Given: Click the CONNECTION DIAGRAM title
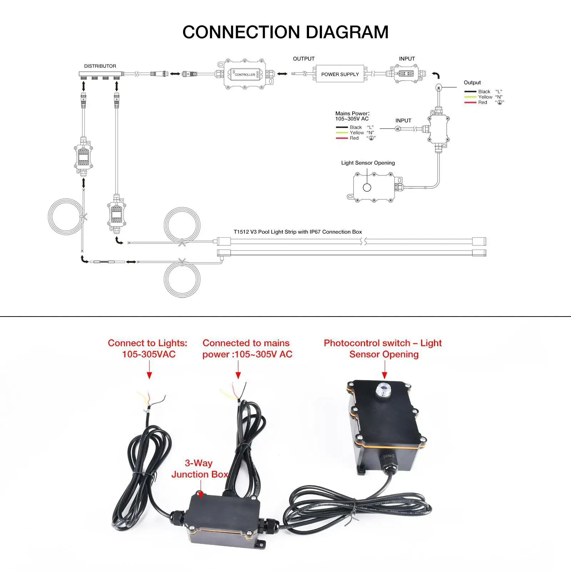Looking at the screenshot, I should (x=285, y=32).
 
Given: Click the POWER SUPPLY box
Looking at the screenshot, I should (x=340, y=74).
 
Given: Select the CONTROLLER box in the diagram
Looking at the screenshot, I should (x=245, y=74).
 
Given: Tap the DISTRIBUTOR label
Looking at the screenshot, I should (x=100, y=66).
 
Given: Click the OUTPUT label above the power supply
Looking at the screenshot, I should (x=304, y=59).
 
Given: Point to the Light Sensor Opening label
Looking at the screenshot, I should (x=368, y=163).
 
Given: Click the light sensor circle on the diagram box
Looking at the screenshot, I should (x=367, y=187).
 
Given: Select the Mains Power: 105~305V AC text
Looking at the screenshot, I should (x=352, y=116).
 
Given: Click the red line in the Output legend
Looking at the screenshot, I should (x=470, y=102).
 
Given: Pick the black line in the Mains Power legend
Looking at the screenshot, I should (x=342, y=127).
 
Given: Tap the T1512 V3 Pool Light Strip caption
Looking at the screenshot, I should (x=298, y=232).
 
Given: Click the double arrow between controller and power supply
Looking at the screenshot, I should (x=282, y=74).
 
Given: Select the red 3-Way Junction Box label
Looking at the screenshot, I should (x=199, y=469).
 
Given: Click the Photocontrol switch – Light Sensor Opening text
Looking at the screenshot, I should (x=383, y=349).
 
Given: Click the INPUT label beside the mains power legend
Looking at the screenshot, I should (x=403, y=121).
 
